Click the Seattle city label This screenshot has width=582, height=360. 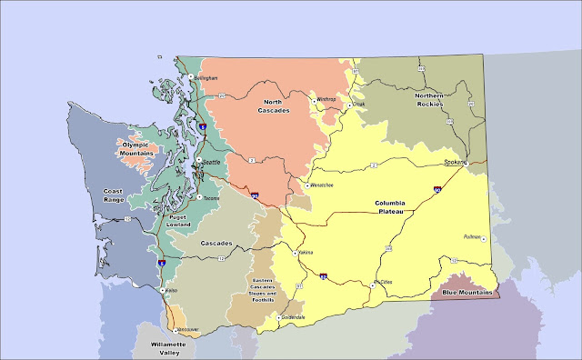211,162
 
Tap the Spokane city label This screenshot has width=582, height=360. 455,162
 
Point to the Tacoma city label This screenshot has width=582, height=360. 212,196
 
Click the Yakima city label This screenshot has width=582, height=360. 305,252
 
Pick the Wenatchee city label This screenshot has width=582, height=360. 323,185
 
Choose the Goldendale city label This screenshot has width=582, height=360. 293,317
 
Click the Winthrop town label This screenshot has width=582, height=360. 326,99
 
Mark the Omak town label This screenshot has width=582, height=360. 358,105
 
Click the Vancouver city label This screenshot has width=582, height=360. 187,328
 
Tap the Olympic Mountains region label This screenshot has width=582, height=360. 134,148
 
